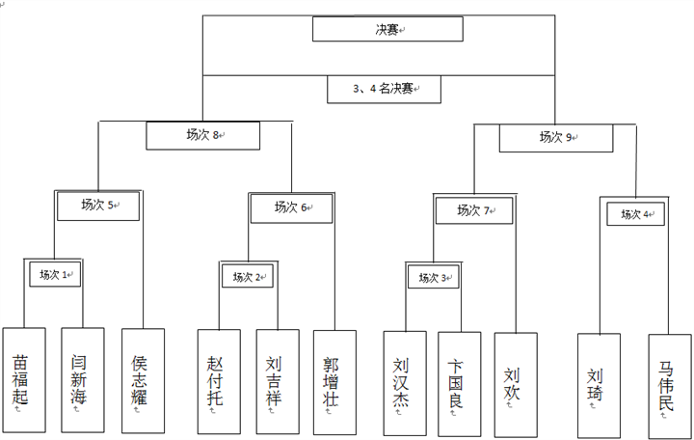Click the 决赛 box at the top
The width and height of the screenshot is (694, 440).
point(388,29)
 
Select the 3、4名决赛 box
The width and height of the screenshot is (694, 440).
point(384,89)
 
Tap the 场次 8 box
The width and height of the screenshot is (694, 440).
point(202,135)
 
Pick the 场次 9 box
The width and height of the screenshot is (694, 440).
point(555,138)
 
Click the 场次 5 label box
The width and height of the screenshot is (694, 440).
point(98,205)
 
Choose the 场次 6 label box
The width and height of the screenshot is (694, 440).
point(291,206)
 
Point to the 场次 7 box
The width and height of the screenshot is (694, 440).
point(473,209)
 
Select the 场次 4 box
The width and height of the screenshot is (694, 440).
point(634,214)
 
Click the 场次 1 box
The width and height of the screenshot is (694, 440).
point(55,275)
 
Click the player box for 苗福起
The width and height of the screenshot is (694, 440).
point(23,378)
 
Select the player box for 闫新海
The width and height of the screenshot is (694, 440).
point(82,378)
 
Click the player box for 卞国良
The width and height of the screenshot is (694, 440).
point(459,379)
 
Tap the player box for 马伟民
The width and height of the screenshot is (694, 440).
point(669,381)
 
